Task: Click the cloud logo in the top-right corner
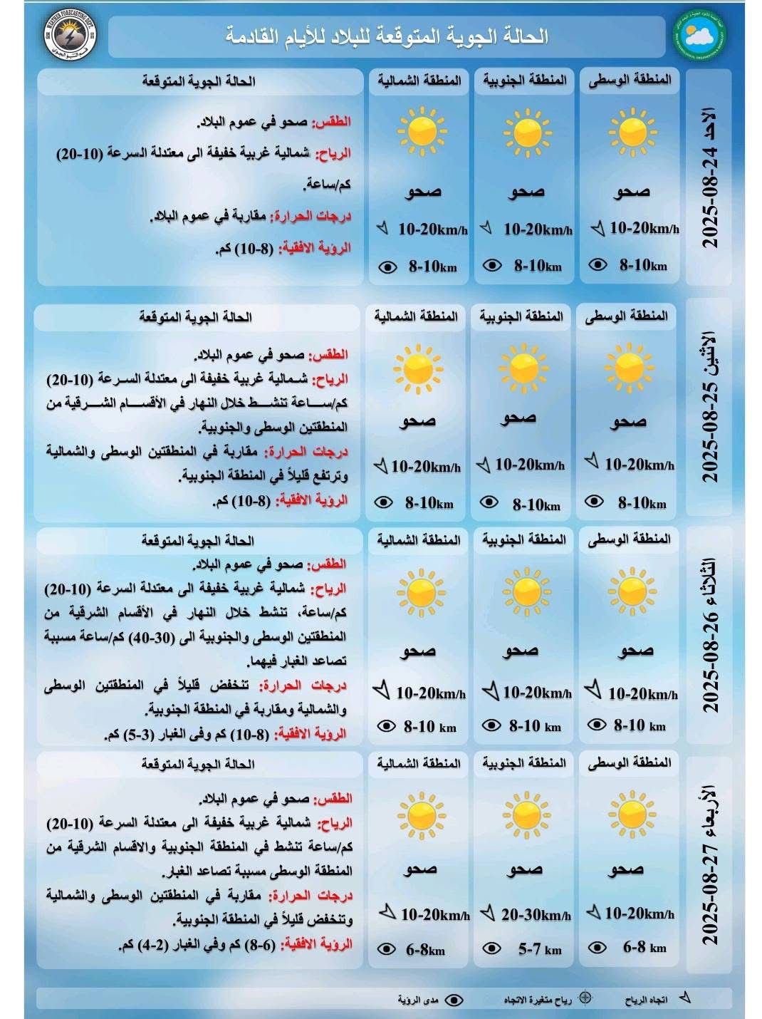[696, 36]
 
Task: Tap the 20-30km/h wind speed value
[536, 915]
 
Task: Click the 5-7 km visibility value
[539, 949]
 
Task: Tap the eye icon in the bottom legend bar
[454, 1000]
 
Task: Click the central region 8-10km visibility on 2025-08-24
[642, 265]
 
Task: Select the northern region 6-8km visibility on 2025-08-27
[425, 949]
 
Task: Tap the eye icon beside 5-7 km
[491, 948]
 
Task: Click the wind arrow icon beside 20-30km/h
[488, 913]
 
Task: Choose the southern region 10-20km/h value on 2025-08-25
[530, 465]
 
